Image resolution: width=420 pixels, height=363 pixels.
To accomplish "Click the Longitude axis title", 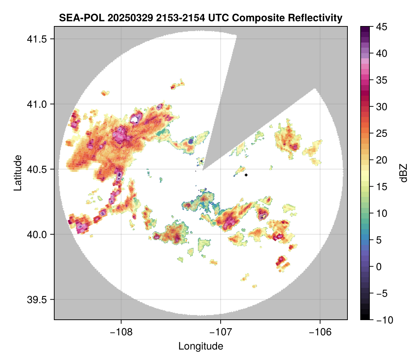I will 201,346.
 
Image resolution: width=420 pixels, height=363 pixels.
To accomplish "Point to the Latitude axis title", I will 17,172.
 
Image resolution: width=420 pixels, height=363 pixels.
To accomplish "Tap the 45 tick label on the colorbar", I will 382,27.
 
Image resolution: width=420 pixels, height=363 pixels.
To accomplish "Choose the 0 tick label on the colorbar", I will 379,267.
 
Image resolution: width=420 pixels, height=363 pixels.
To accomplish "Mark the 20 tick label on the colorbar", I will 382,160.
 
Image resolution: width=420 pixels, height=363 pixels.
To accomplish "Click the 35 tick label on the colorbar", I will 382,80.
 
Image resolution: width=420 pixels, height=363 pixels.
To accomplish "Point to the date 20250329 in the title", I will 126,18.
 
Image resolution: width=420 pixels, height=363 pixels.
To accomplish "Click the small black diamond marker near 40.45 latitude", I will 246,175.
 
